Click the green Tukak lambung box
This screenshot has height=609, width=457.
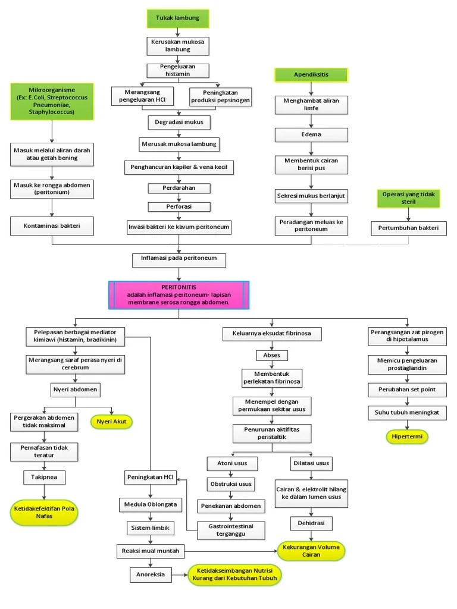tap(178, 18)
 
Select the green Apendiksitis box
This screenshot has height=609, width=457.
tap(311, 74)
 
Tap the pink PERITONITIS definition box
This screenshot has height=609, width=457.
tap(179, 295)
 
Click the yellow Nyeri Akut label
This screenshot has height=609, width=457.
tap(111, 422)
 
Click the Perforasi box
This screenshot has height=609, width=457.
tap(179, 207)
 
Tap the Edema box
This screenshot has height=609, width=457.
tap(311, 134)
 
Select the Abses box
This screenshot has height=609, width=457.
tap(271, 355)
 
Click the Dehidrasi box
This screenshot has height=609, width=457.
tap(311, 523)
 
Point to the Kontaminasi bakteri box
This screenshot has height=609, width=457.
tap(52, 226)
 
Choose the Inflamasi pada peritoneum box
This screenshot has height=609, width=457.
tap(179, 259)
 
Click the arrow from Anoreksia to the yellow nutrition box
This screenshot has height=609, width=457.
tap(179, 575)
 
